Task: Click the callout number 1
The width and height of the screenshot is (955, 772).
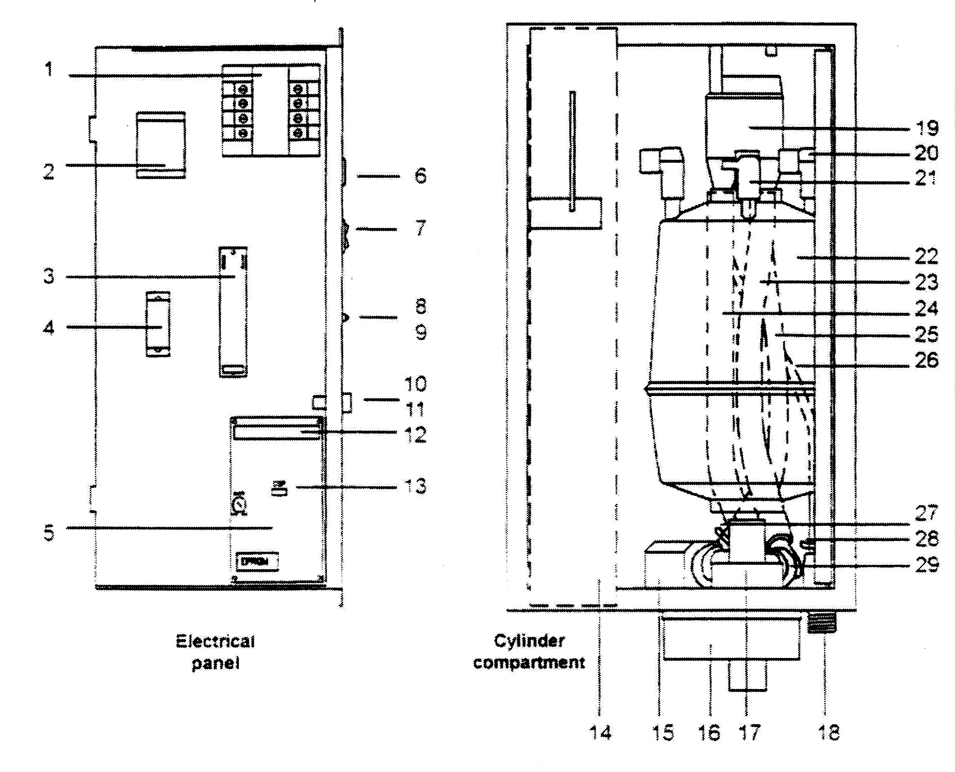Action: [x=49, y=69]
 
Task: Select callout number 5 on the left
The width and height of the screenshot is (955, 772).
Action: [x=49, y=533]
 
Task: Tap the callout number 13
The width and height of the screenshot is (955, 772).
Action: [x=416, y=486]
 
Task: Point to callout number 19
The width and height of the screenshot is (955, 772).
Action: [x=927, y=128]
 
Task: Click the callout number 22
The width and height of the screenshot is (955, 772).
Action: [x=927, y=256]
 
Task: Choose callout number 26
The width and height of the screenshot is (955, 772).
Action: [x=927, y=360]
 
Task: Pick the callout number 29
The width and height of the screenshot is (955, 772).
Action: [x=927, y=565]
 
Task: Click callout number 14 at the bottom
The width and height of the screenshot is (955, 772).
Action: [x=600, y=733]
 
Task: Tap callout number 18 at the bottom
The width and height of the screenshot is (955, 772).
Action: [x=829, y=733]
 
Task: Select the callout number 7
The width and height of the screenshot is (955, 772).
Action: [x=421, y=228]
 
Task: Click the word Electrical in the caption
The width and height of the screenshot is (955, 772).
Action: [x=215, y=642]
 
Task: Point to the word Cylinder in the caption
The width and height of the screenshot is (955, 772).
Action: [x=529, y=641]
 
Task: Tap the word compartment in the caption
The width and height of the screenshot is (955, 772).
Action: [x=529, y=662]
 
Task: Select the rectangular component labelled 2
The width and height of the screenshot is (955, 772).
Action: [x=161, y=145]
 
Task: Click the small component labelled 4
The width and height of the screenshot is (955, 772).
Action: [x=158, y=324]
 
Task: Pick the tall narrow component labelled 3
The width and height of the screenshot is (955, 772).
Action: [x=233, y=312]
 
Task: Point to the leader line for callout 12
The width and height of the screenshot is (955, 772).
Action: [x=358, y=432]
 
